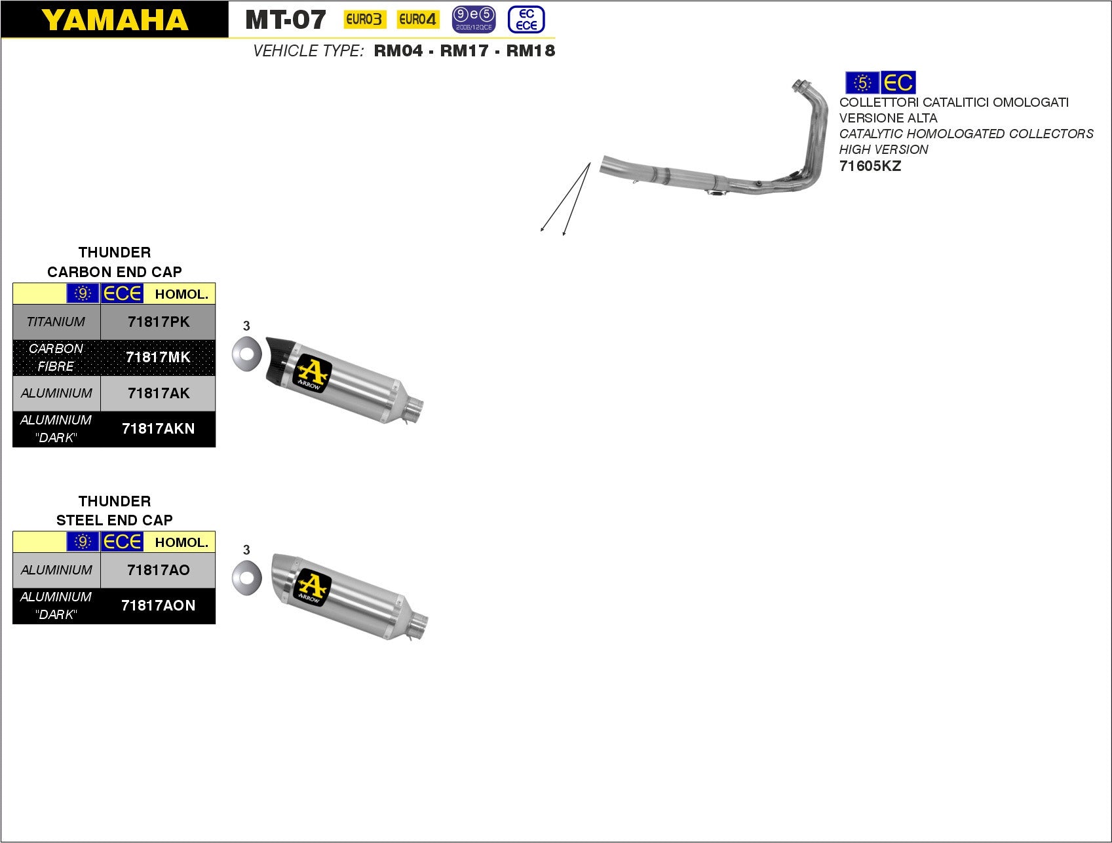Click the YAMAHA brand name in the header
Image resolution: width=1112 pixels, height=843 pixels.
[115, 20]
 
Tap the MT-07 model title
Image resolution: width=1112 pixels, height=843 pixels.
[285, 20]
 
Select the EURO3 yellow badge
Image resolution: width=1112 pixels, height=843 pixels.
[364, 20]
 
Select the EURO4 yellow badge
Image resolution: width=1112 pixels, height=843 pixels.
[417, 20]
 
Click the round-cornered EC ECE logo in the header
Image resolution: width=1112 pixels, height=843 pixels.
[526, 20]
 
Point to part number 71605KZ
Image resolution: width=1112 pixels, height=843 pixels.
[870, 166]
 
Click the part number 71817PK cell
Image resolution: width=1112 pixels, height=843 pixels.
[158, 322]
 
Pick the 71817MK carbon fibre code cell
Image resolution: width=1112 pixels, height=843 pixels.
[158, 357]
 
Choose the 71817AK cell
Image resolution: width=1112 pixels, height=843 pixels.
[158, 393]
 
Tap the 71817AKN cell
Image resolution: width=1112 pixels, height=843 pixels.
[158, 428]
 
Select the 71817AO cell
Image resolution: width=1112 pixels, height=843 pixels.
[158, 570]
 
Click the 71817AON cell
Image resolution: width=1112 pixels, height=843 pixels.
[158, 605]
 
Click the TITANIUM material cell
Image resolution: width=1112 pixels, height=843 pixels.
[56, 322]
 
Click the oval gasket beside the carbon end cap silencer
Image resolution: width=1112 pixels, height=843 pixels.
[246, 354]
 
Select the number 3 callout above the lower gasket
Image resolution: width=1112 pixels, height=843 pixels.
[246, 550]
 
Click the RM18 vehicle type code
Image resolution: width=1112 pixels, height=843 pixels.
[531, 51]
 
